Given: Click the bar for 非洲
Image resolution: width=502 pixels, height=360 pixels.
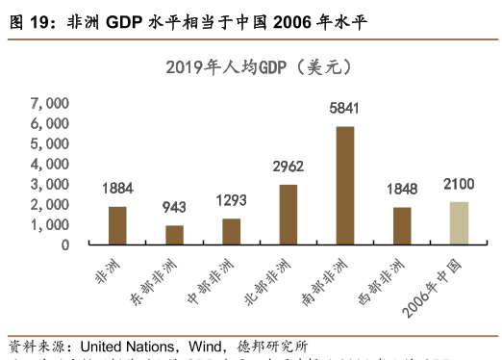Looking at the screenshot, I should [117, 225].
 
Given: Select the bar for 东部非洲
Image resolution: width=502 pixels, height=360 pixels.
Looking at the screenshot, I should [174, 235].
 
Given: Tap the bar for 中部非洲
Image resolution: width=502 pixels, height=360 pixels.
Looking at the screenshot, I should [231, 231].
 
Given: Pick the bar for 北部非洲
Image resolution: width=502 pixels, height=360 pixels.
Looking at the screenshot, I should [288, 215].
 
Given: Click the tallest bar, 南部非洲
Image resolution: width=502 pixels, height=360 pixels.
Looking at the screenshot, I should [344, 185].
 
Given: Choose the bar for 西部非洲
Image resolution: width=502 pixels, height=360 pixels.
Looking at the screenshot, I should [401, 225].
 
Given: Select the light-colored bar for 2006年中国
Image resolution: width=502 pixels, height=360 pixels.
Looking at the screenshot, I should [458, 222].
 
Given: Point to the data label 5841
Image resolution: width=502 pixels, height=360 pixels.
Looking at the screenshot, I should [344, 109].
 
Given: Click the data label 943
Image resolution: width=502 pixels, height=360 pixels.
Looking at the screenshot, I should [174, 209].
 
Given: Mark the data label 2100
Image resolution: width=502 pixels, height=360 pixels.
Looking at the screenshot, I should [458, 184].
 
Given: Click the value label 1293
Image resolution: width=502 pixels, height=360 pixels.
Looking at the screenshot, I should [231, 201].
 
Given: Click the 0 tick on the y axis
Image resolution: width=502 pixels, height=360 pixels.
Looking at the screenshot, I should [64, 244].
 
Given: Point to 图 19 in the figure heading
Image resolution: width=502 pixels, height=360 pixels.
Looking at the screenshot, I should [29, 21].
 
